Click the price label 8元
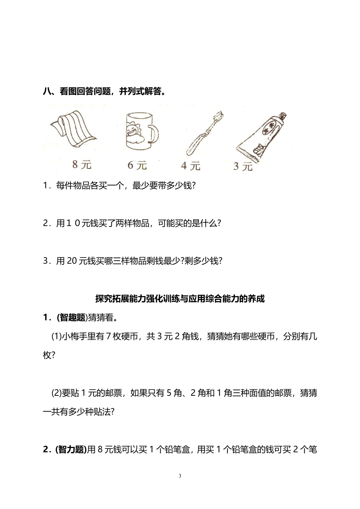[x=81, y=165]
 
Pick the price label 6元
[x=137, y=166]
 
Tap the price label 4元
[x=190, y=166]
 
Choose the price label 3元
[x=243, y=166]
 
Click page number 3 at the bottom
[x=180, y=476]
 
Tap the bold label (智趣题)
[x=72, y=317]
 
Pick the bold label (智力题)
[x=71, y=450]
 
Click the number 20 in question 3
[x=72, y=261]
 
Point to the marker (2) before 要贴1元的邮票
[x=56, y=393]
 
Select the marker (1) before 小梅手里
[x=56, y=336]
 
